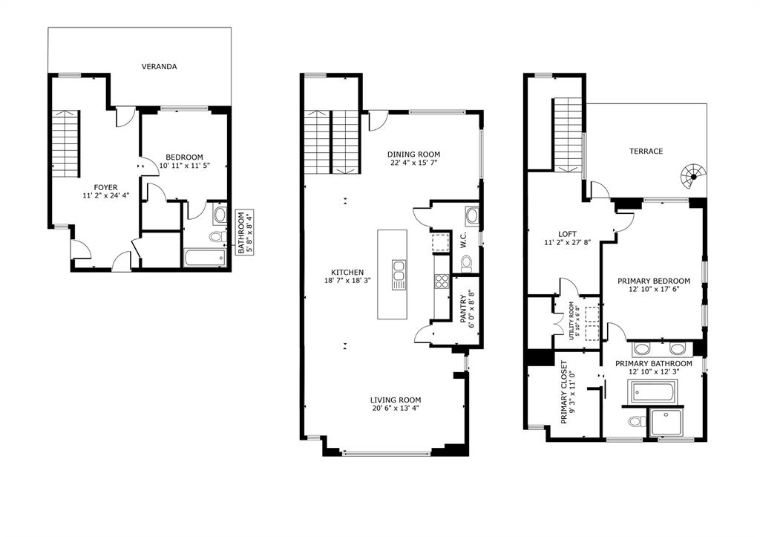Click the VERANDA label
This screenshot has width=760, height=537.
tap(160, 66)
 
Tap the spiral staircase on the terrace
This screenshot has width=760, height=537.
tap(692, 177)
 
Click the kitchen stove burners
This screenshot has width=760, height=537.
tap(441, 281)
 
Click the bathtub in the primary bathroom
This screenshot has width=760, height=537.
tap(652, 391)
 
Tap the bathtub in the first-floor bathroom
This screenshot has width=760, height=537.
tap(204, 258)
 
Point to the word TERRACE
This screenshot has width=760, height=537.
tap(646, 151)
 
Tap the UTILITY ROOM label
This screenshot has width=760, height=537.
tap(572, 320)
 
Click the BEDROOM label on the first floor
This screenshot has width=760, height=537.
tap(184, 157)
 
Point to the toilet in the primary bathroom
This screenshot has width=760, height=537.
tap(635, 422)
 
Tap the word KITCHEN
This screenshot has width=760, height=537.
tap(347, 272)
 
